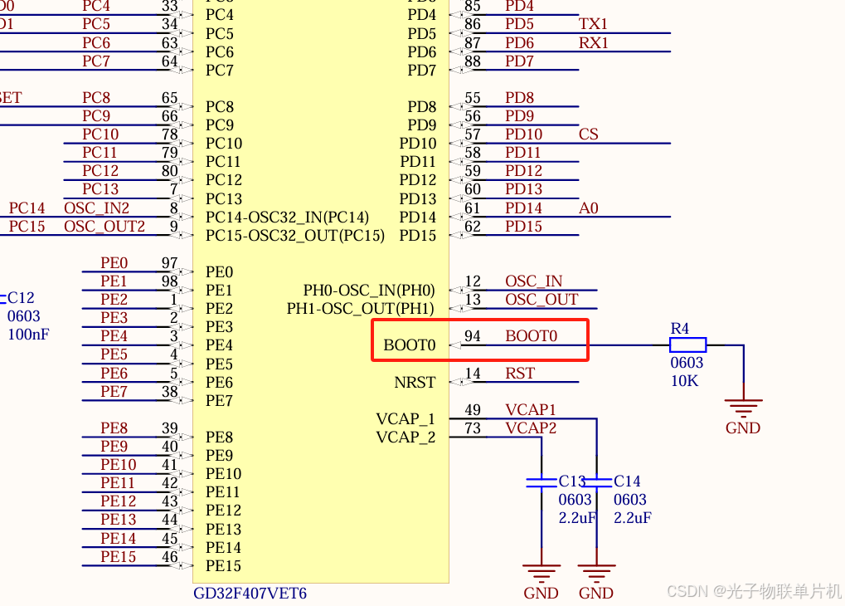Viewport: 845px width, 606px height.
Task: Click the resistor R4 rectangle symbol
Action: tap(687, 345)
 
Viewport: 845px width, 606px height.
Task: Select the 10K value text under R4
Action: tap(684, 381)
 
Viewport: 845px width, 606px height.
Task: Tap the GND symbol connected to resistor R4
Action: tap(743, 408)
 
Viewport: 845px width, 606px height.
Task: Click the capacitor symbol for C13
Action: tap(541, 481)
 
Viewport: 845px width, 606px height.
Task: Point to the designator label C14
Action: tap(627, 481)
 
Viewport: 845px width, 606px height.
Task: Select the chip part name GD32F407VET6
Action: tap(250, 594)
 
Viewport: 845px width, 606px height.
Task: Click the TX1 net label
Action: tap(593, 24)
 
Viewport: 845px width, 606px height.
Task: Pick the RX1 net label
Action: tap(593, 43)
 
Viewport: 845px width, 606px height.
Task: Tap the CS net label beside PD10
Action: tap(588, 134)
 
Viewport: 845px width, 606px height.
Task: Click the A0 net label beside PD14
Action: tap(588, 208)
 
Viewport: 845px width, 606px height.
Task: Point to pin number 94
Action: tap(473, 336)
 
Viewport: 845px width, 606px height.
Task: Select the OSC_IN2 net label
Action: tap(97, 208)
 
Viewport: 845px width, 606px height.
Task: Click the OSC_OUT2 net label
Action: tap(104, 227)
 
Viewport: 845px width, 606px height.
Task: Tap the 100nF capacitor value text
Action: tap(28, 335)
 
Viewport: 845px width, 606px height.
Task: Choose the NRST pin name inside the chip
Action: tap(415, 383)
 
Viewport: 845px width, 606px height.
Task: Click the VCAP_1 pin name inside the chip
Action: tap(406, 419)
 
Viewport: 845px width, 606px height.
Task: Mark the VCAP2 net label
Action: tap(531, 428)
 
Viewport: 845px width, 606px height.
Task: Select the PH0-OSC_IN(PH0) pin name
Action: tap(369, 291)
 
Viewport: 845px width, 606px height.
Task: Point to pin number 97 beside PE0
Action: tap(169, 263)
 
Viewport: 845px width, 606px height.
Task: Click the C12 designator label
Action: tap(21, 298)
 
